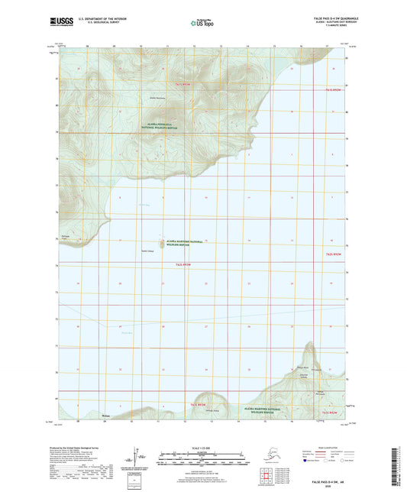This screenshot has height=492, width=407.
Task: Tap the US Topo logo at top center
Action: (202, 24)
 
